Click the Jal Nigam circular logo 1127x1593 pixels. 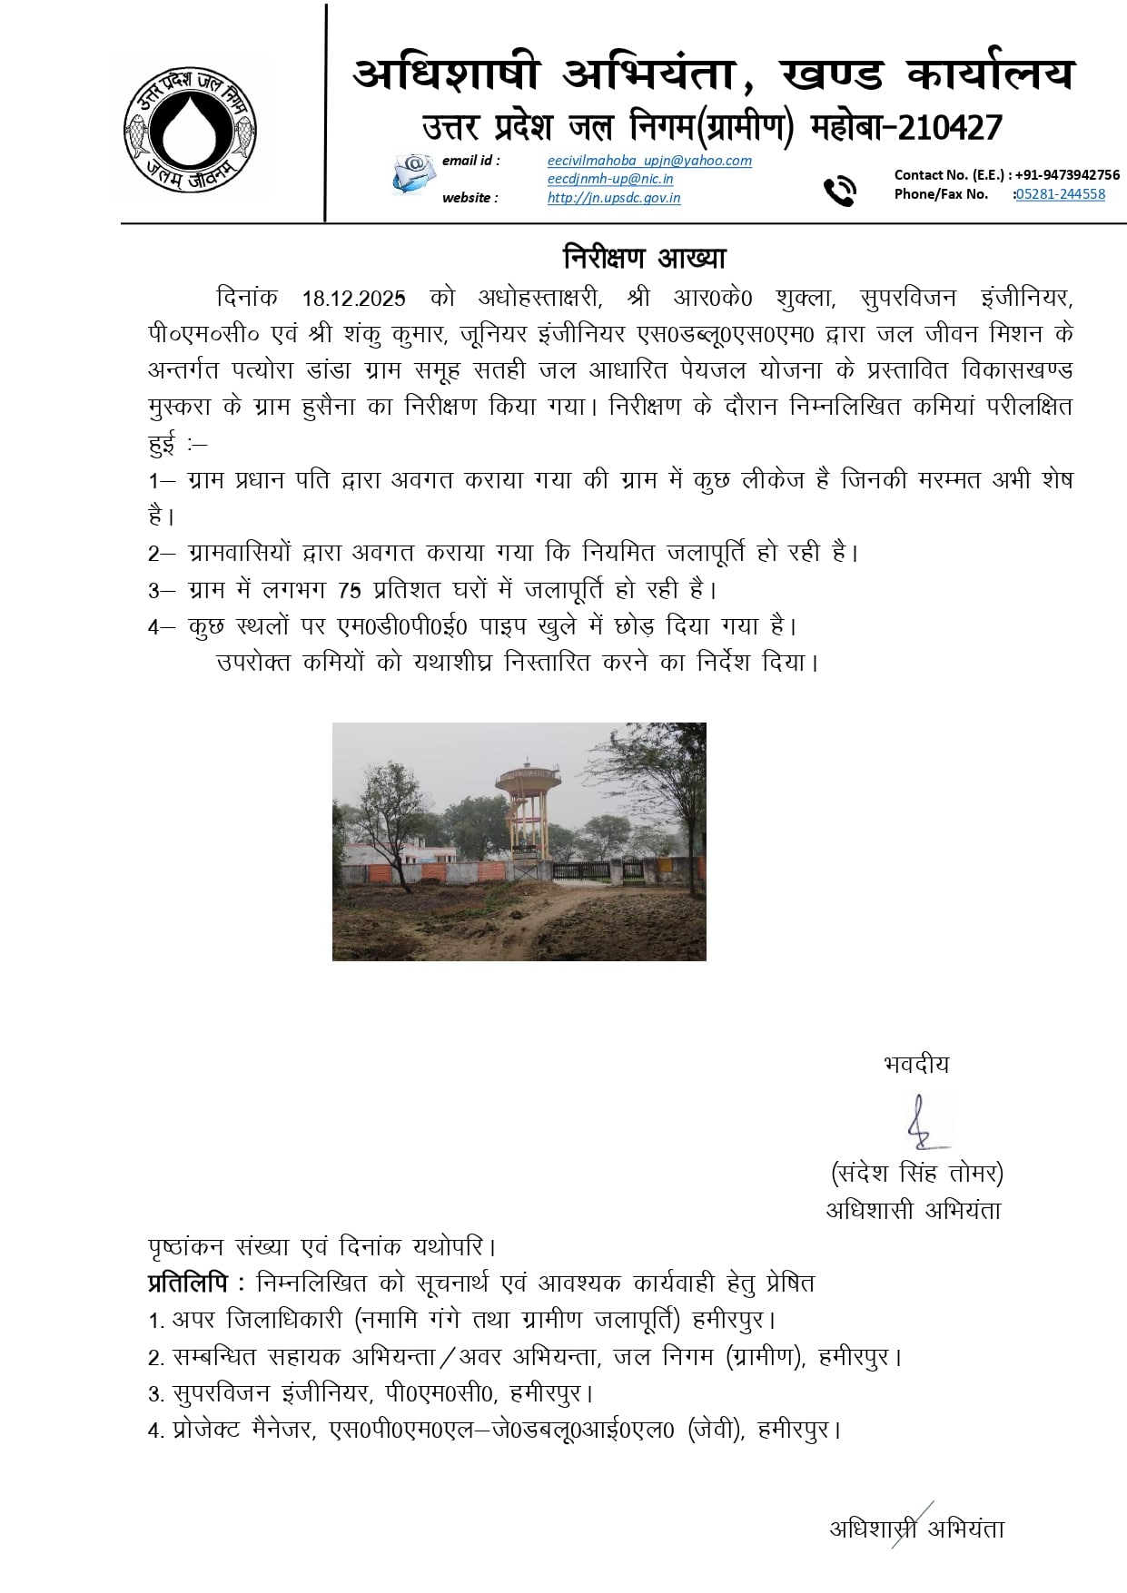[x=190, y=127]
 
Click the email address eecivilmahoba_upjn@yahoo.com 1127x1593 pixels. [x=649, y=161]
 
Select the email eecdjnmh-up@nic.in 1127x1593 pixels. [x=609, y=179]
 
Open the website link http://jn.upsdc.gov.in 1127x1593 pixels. [x=613, y=198]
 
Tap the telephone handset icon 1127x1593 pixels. [x=839, y=191]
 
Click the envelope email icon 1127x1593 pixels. [x=414, y=173]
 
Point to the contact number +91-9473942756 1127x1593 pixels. [x=1067, y=175]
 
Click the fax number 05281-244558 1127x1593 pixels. [x=1061, y=194]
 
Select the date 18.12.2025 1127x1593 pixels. [x=353, y=299]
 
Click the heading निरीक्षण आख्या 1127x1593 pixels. [x=644, y=259]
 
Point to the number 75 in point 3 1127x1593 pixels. [x=349, y=591]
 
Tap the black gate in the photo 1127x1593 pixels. [x=581, y=870]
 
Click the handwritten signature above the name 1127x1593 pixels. [x=921, y=1123]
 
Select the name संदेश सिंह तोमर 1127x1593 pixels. [x=916, y=1174]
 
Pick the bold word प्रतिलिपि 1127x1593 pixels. [x=188, y=1283]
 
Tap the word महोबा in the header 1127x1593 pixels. [x=846, y=128]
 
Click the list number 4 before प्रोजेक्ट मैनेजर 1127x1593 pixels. [x=154, y=1431]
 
